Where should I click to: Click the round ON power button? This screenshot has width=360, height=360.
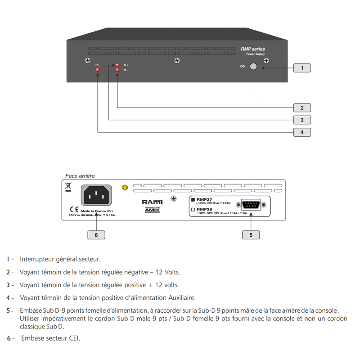pyautogui.click(x=253, y=67)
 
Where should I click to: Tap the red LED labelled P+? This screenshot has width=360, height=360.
pyautogui.click(x=98, y=70)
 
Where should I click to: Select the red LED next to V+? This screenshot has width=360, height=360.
pyautogui.click(x=117, y=65)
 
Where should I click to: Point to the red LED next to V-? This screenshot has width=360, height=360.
pyautogui.click(x=117, y=70)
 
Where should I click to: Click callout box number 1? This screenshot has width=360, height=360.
pyautogui.click(x=302, y=68)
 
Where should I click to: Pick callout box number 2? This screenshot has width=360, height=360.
pyautogui.click(x=302, y=108)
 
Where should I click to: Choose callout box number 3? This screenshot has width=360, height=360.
pyautogui.click(x=302, y=120)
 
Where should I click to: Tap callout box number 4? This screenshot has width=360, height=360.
pyautogui.click(x=302, y=132)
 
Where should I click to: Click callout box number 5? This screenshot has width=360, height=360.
pyautogui.click(x=251, y=234)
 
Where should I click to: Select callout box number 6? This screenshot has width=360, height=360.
pyautogui.click(x=96, y=234)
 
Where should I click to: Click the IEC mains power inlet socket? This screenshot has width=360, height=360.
pyautogui.click(x=96, y=195)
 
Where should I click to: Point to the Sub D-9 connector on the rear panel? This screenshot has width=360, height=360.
pyautogui.click(x=251, y=205)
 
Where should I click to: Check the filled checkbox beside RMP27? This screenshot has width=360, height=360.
pyautogui.click(x=193, y=199)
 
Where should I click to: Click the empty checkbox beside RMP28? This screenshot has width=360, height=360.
pyautogui.click(x=193, y=210)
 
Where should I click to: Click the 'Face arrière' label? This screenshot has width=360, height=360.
pyautogui.click(x=80, y=175)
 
